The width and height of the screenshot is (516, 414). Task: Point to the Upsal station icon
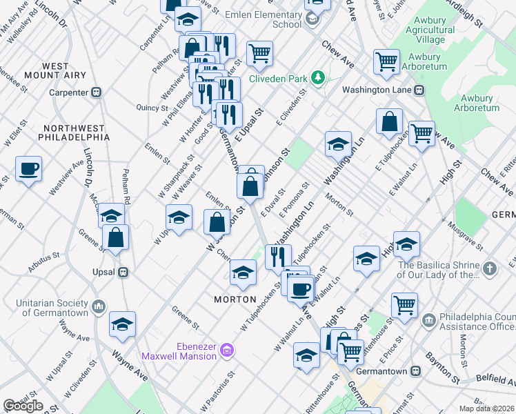123,272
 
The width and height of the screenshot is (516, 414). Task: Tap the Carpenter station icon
97,92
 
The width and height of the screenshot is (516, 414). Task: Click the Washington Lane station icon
418,90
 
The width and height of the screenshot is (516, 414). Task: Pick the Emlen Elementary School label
268,19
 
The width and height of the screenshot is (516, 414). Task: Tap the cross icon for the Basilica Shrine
488,269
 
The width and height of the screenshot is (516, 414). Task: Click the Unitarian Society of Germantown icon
98,304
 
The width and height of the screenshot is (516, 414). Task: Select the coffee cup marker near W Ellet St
29,169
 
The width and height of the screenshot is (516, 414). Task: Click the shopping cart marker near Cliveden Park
259,53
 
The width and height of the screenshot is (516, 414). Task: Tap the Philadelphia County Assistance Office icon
429,320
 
